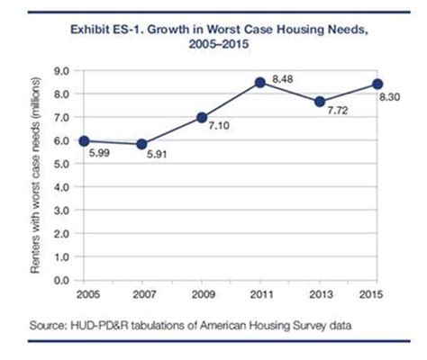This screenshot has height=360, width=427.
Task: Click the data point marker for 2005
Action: click(x=83, y=140)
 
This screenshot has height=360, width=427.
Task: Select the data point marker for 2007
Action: click(x=141, y=143)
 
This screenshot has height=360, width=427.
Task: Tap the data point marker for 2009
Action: click(x=201, y=117)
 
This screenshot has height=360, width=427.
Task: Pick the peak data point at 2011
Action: click(x=260, y=83)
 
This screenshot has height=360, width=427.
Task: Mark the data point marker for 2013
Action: click(x=319, y=102)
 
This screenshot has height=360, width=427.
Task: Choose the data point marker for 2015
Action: click(x=378, y=85)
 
